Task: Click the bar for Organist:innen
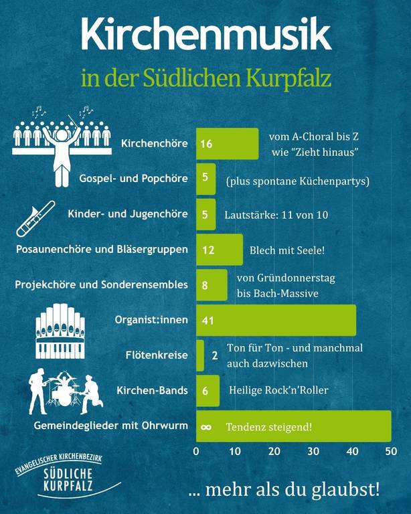[276, 321]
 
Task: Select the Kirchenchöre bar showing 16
[227, 144]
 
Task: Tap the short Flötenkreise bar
[200, 355]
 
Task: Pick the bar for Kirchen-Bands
[208, 391]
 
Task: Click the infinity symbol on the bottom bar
[205, 427]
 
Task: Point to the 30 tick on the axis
[313, 451]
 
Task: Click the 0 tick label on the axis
[196, 451]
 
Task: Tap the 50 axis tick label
[391, 451]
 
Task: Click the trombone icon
[35, 219]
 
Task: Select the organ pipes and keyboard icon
[60, 331]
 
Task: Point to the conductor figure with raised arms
[62, 153]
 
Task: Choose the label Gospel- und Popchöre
[133, 179]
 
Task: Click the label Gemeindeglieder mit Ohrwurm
[110, 426]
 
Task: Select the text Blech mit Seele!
[287, 250]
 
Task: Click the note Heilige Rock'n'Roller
[278, 390]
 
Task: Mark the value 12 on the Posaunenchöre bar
[208, 250]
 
